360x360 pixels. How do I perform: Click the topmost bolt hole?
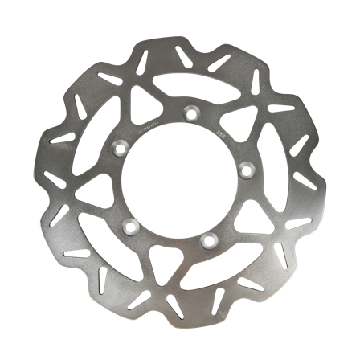click(192, 112)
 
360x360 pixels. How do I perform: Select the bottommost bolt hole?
click(208, 239)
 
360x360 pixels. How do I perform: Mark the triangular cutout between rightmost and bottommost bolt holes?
click(252, 217)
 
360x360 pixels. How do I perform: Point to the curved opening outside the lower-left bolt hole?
click(96, 241)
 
